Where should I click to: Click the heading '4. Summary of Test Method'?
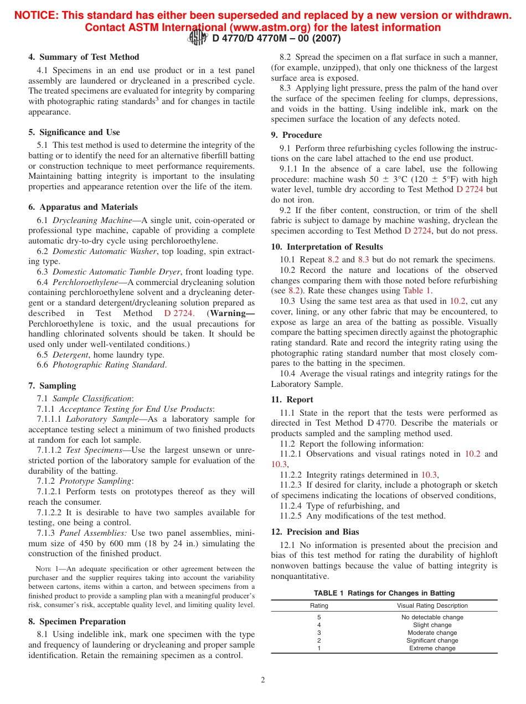[x=84, y=57]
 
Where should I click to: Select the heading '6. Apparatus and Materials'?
[x=83, y=207]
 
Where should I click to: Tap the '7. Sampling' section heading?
[x=52, y=386]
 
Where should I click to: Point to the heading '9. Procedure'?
[x=296, y=135]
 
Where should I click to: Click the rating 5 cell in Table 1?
[x=319, y=617]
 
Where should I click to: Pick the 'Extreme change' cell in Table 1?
[x=432, y=648]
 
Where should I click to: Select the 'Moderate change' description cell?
[x=432, y=633]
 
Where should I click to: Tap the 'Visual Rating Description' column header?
[x=432, y=605]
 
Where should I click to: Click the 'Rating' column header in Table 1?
[x=319, y=605]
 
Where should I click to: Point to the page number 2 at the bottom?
[x=263, y=680]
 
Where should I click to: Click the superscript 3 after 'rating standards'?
[x=157, y=99]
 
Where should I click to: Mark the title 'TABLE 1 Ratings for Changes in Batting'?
[x=384, y=593]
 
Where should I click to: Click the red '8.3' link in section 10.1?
[x=363, y=260]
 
